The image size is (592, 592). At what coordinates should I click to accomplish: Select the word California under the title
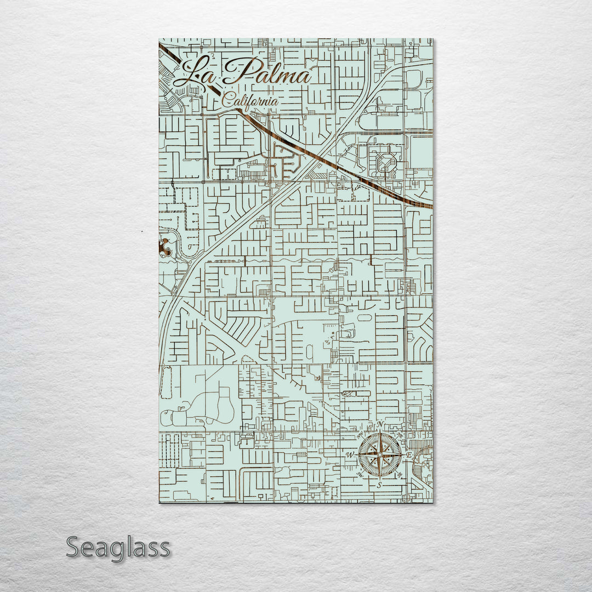(250, 100)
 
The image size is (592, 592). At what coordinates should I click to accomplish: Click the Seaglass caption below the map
(118, 548)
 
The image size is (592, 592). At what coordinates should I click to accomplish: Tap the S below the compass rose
(380, 485)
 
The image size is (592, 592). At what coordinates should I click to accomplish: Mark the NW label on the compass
(360, 435)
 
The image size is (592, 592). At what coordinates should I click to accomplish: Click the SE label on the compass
(400, 475)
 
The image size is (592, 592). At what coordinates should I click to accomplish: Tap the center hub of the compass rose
(380, 454)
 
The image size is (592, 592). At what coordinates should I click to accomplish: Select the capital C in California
(227, 100)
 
